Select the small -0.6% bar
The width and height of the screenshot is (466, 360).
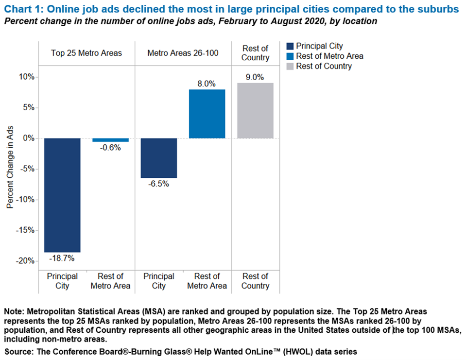(110, 140)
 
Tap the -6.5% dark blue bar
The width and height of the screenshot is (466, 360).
(159, 158)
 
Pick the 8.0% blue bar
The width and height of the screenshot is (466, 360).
(207, 114)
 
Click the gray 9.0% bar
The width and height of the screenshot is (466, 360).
(255, 111)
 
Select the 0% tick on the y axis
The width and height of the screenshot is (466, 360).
(29, 138)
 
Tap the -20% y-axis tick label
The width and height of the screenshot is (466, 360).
(25, 261)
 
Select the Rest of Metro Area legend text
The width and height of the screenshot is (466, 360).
(329, 56)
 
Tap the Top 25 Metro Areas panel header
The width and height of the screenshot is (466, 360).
(86, 52)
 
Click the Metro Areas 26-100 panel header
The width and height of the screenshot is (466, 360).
(183, 52)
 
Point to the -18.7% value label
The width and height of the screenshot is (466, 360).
(62, 259)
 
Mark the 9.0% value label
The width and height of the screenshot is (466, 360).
(255, 77)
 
